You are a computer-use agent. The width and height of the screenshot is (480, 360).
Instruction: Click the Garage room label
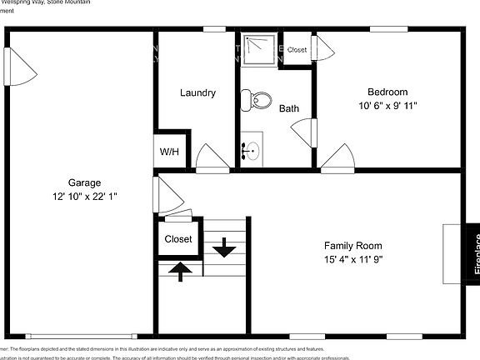tap(84, 182)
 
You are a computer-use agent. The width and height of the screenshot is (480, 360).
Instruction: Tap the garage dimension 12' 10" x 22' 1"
tap(84, 197)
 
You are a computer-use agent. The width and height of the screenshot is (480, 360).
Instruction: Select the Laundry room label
tap(198, 92)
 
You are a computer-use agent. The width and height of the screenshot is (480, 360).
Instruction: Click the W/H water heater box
tap(169, 152)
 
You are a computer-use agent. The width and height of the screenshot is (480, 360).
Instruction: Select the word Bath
tap(289, 108)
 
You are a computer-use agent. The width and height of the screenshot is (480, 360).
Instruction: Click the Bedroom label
tap(387, 92)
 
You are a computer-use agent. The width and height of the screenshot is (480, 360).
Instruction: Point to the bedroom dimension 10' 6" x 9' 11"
tap(387, 106)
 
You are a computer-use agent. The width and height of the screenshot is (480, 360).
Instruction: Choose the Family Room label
tap(353, 246)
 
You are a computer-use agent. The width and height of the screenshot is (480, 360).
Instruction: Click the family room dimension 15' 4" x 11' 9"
tap(353, 259)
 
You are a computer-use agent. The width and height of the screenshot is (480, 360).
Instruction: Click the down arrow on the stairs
tap(223, 247)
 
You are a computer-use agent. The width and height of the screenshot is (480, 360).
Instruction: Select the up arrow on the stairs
tap(179, 267)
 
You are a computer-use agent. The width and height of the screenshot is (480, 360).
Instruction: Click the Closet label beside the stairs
tap(178, 239)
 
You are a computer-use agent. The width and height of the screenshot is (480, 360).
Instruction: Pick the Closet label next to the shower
tap(297, 50)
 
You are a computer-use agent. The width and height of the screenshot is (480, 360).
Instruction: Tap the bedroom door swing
tap(337, 157)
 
